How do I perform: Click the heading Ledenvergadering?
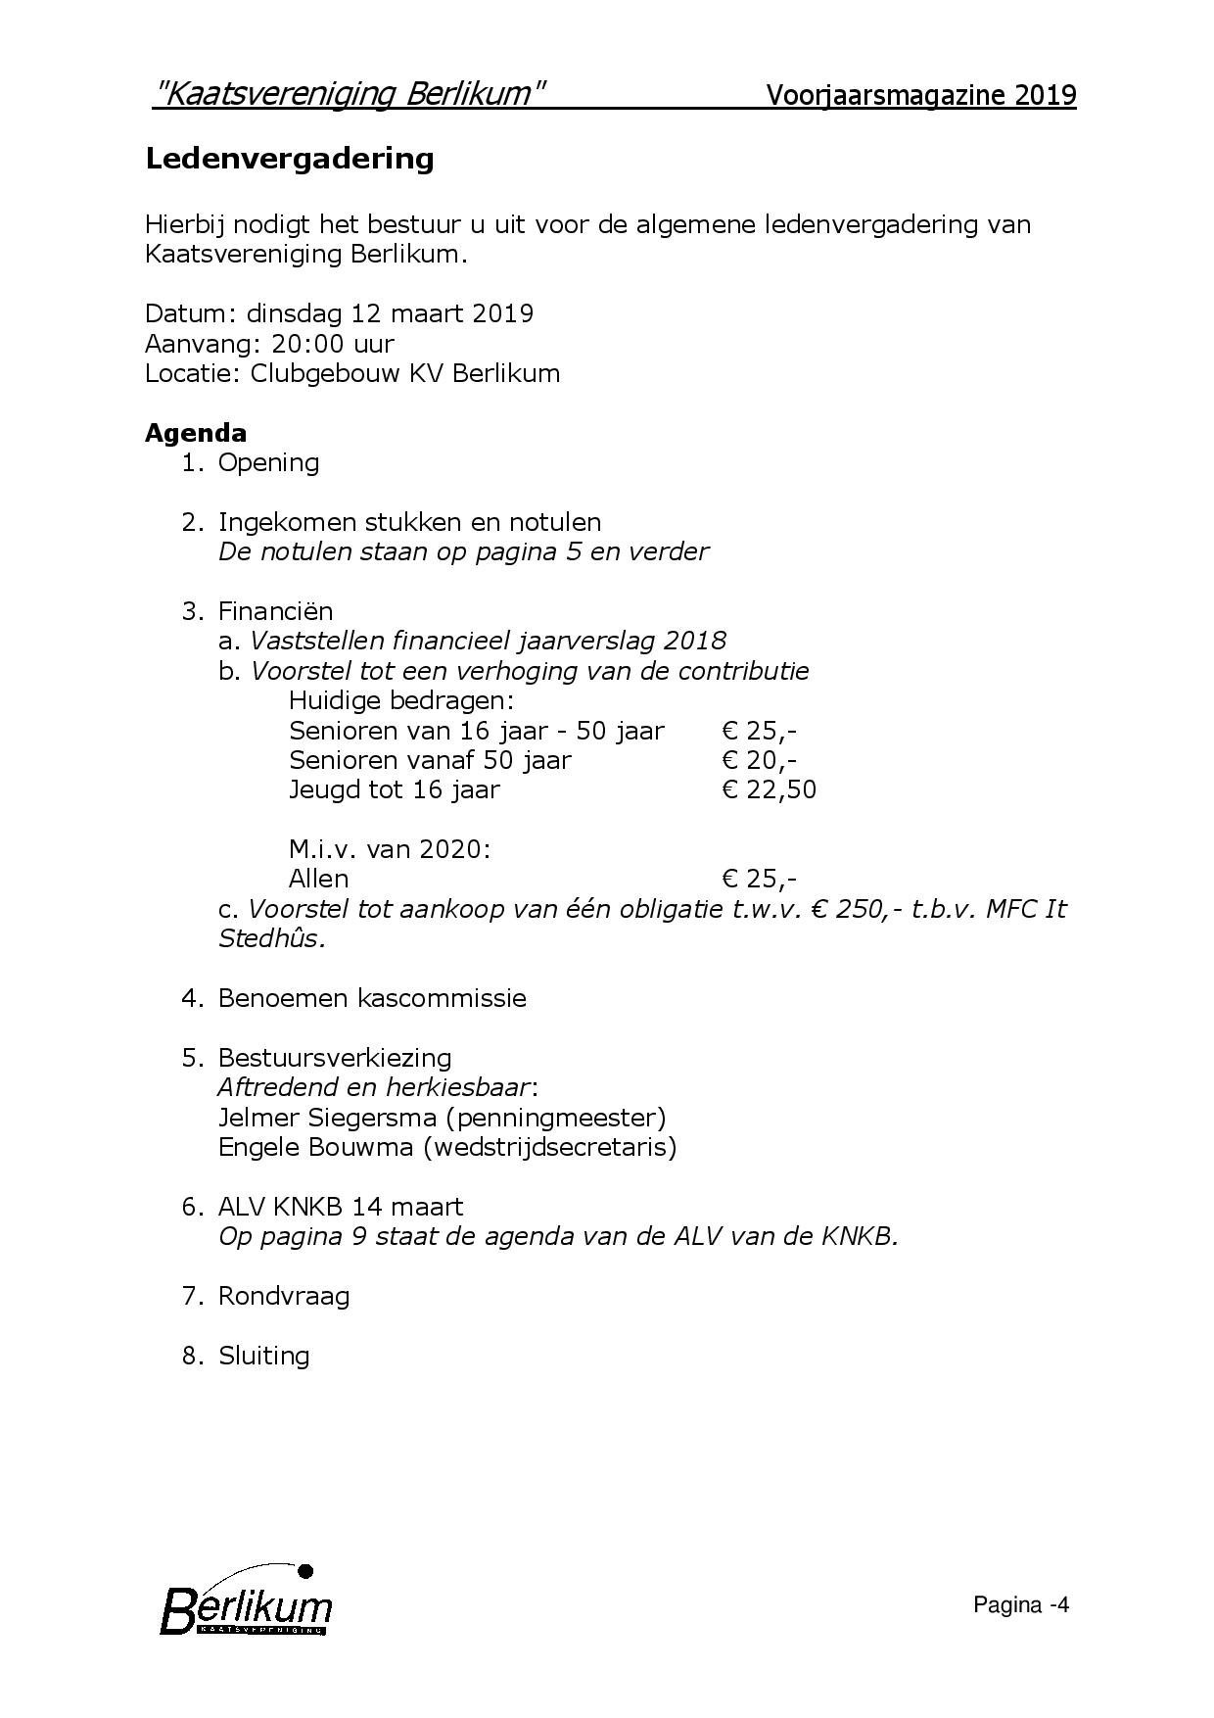(289, 159)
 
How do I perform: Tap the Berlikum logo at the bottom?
(246, 1604)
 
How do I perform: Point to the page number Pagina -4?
(1020, 1604)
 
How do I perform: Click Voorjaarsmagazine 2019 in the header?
(920, 96)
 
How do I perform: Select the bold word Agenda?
(196, 433)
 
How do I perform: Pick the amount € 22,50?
(769, 789)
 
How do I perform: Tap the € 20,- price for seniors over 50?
(759, 760)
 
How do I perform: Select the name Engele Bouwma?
(315, 1147)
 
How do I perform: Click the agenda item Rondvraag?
(283, 1296)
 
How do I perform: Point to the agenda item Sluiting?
(263, 1356)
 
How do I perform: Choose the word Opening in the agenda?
(268, 462)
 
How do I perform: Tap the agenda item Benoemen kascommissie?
(372, 998)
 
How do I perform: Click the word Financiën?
(275, 611)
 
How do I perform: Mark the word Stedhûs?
(271, 938)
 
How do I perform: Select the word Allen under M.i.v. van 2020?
(318, 879)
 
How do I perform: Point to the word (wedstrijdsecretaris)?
(549, 1147)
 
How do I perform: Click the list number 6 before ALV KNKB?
(191, 1207)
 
